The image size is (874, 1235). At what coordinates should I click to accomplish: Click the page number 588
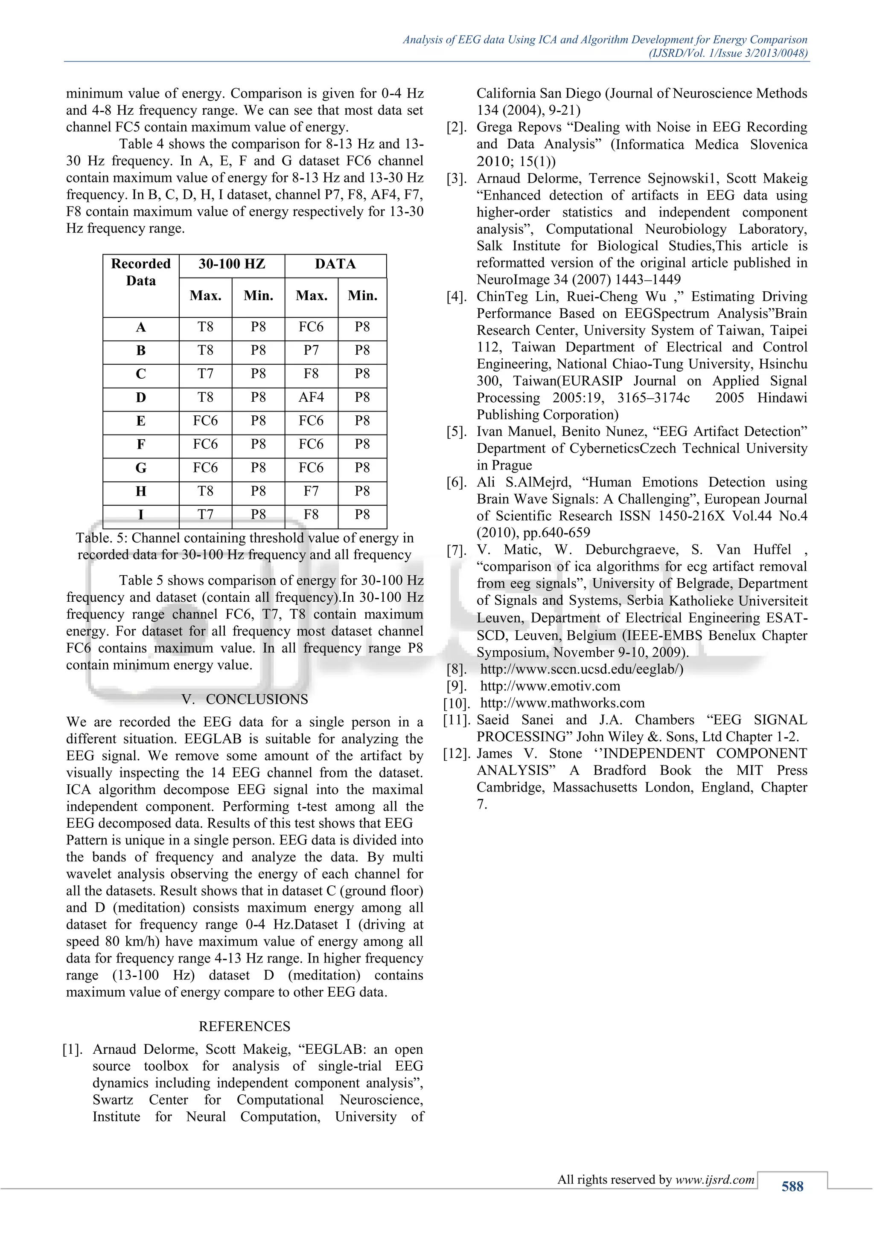[x=792, y=1186]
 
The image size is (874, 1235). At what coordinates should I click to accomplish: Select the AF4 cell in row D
[x=311, y=397]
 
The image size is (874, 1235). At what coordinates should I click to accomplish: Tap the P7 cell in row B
[x=311, y=350]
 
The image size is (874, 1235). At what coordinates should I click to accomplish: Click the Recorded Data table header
[x=140, y=272]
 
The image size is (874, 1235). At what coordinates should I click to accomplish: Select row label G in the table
[x=140, y=467]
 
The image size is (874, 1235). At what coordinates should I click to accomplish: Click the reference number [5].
[x=456, y=432]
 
